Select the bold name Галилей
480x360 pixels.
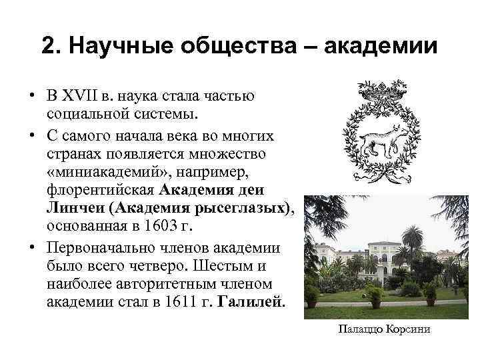(x=247, y=301)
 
